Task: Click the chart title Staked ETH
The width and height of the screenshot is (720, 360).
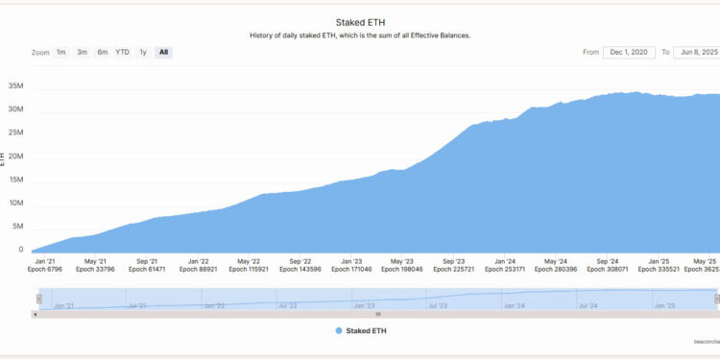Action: pyautogui.click(x=360, y=21)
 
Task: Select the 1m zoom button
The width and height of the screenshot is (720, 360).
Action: pyautogui.click(x=61, y=52)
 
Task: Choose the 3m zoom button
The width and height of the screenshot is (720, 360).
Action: pyautogui.click(x=83, y=52)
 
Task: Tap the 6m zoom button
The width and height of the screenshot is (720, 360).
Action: pyautogui.click(x=103, y=52)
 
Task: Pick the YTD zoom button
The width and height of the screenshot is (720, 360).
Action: pyautogui.click(x=123, y=52)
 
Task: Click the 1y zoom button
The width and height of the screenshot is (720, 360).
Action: pyautogui.click(x=143, y=52)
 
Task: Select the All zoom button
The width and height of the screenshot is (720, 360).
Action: pyautogui.click(x=164, y=52)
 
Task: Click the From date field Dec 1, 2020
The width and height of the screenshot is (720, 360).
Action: pyautogui.click(x=632, y=52)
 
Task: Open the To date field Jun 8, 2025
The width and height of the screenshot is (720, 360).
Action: pyautogui.click(x=696, y=52)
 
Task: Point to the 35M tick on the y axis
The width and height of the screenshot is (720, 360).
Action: pyautogui.click(x=14, y=86)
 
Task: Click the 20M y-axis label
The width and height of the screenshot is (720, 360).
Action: pyautogui.click(x=14, y=156)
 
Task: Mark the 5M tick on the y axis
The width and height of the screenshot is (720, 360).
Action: pyautogui.click(x=16, y=227)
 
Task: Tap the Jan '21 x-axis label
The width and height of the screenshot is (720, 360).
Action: pyautogui.click(x=43, y=261)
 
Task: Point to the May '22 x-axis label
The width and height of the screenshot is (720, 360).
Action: pyautogui.click(x=249, y=261)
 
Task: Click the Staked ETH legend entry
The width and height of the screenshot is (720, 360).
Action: pyautogui.click(x=367, y=330)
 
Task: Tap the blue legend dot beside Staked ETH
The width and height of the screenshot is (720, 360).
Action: pyautogui.click(x=338, y=330)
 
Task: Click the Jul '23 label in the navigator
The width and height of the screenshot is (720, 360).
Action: pyautogui.click(x=437, y=305)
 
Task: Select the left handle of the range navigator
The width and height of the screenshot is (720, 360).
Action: pyautogui.click(x=39, y=299)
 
